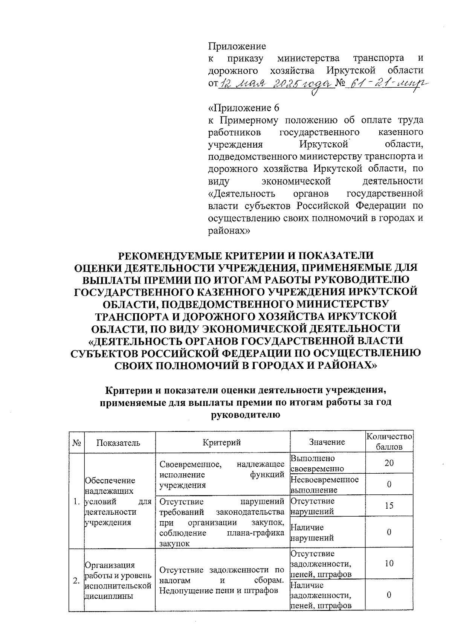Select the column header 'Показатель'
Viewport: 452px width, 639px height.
pyautogui.click(x=118, y=442)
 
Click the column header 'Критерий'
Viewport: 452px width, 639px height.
pyautogui.click(x=222, y=442)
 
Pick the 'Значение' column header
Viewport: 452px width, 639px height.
pyautogui.click(x=327, y=442)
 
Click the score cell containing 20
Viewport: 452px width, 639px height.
pyautogui.click(x=389, y=463)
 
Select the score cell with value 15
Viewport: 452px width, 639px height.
pyautogui.click(x=389, y=506)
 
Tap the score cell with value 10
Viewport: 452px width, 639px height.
pyautogui.click(x=389, y=564)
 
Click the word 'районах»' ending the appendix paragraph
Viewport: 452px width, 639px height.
pyautogui.click(x=229, y=230)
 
